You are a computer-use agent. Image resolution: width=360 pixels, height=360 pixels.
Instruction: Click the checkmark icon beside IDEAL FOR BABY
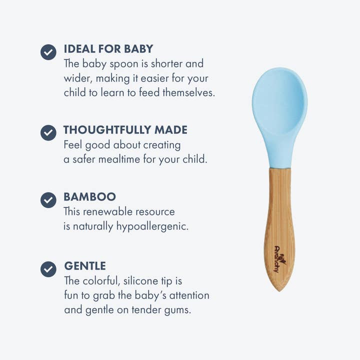[x=48, y=51]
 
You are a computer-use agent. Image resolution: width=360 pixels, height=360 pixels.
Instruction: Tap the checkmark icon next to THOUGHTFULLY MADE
[x=48, y=132]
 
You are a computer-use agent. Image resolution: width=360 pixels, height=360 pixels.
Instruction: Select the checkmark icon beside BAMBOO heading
[x=48, y=199]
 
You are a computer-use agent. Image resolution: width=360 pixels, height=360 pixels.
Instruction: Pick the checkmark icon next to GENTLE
[x=48, y=269]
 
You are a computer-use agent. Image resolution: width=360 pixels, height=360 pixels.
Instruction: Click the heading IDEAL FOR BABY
[x=108, y=49]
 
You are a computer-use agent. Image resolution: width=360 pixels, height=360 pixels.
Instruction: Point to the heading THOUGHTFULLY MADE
[x=125, y=130]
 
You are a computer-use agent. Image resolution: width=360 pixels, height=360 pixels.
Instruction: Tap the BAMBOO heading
[x=89, y=197]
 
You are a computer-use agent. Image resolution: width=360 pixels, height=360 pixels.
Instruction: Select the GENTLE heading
[x=85, y=266]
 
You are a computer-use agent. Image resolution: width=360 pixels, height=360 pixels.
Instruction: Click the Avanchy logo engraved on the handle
[x=278, y=259]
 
